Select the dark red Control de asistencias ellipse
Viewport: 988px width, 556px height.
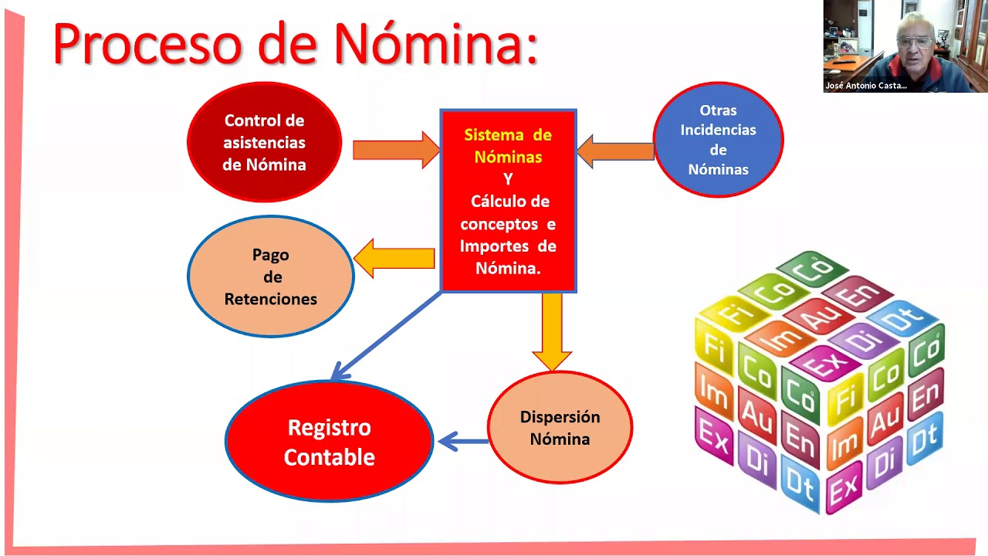tap(264, 142)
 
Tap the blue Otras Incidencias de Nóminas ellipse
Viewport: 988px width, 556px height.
tap(718, 140)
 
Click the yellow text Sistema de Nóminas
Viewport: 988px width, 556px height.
tap(508, 146)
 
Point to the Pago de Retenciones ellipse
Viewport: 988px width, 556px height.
tap(270, 276)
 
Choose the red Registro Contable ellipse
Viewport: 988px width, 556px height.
tap(329, 442)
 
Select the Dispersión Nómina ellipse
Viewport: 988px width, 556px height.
tap(560, 428)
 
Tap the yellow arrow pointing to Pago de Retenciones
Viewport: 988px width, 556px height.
tap(394, 258)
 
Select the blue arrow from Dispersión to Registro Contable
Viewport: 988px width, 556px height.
tap(463, 442)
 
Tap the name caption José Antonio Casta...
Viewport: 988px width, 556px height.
tap(866, 86)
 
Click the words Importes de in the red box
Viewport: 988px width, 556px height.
tap(508, 246)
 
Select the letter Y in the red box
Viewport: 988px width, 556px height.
tap(508, 179)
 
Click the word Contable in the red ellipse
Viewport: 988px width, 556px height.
tap(329, 457)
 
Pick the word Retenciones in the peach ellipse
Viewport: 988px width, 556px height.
tap(270, 299)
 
